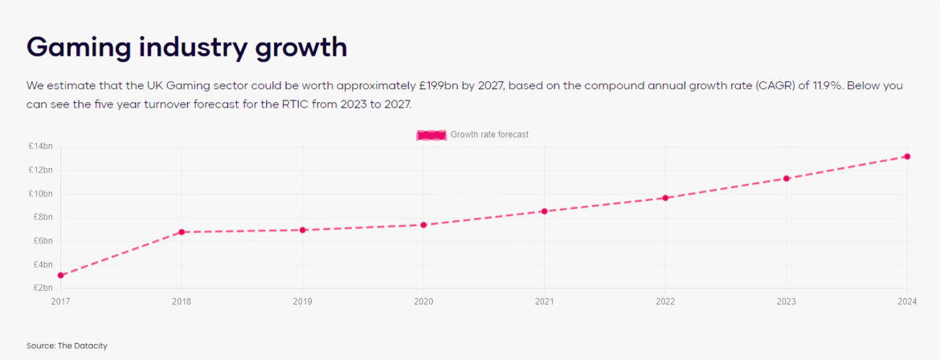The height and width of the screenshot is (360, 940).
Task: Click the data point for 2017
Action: coord(60,276)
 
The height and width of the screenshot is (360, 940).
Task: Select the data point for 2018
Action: coord(182,232)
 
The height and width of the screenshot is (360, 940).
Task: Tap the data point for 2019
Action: coord(303,230)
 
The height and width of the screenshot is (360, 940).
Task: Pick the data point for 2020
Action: coord(423,225)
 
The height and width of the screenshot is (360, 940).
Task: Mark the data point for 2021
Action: coord(544,211)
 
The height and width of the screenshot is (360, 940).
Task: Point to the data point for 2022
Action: coord(665,198)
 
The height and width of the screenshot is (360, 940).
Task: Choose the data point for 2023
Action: coord(787,178)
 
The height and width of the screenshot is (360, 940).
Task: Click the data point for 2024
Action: coord(907,157)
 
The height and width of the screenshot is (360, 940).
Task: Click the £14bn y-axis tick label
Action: coord(40,146)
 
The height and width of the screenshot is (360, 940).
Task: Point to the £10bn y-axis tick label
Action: coord(40,194)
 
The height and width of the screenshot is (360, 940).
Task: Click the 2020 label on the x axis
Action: coord(423,302)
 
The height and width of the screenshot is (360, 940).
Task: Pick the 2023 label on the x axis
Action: coord(786,302)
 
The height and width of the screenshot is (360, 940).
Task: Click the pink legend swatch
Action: coord(431,135)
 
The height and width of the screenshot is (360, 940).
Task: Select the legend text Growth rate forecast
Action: coord(489,135)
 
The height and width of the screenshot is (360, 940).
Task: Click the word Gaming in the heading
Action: coord(79,47)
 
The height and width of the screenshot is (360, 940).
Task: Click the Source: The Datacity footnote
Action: coord(67,346)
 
